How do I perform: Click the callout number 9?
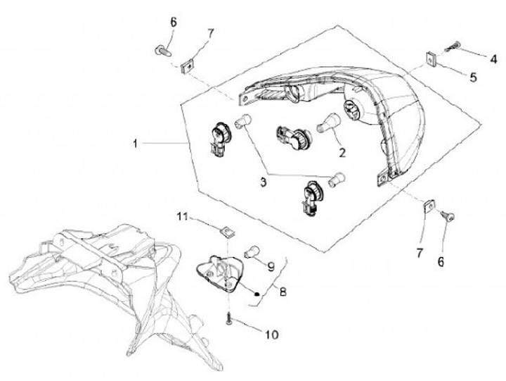269,266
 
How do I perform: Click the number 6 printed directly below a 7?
441,261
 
